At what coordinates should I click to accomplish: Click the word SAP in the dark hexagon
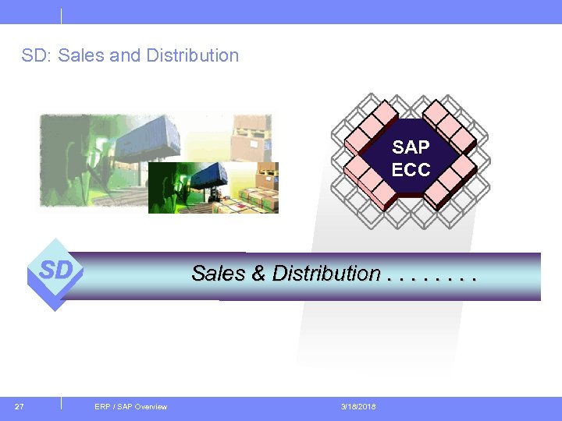[x=411, y=147]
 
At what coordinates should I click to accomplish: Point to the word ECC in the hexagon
[x=411, y=168]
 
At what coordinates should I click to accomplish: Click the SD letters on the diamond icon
[x=56, y=271]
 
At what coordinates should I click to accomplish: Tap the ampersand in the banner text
[x=258, y=274]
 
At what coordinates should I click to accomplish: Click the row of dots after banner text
[x=431, y=277]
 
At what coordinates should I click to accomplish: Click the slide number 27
[x=20, y=406]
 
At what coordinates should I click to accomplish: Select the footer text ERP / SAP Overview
[x=130, y=407]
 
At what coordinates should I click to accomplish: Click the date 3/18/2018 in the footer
[x=358, y=407]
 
